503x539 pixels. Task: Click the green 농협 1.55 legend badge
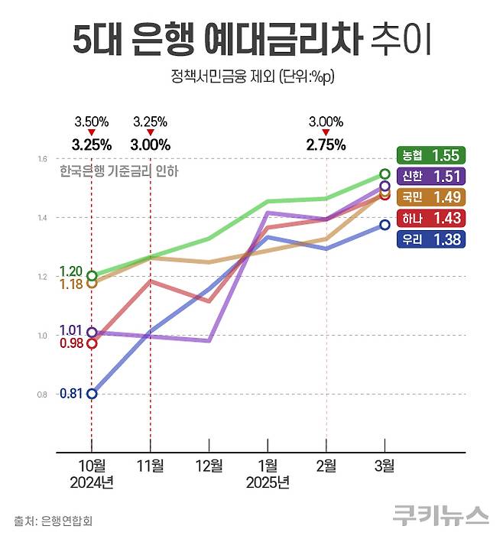click(431, 155)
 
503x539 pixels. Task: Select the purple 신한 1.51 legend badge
click(431, 177)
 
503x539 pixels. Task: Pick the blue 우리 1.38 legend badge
click(431, 239)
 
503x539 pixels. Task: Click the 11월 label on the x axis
click(150, 465)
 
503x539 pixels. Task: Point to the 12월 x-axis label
click(209, 465)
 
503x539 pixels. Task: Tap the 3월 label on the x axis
click(385, 465)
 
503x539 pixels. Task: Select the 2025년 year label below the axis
click(268, 482)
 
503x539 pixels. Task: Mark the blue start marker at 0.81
click(92, 394)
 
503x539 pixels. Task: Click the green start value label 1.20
click(70, 271)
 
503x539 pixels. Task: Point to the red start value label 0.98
click(70, 343)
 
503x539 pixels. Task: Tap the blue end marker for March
click(385, 225)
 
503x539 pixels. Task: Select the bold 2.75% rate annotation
click(326, 144)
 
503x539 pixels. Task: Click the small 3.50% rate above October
click(92, 122)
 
